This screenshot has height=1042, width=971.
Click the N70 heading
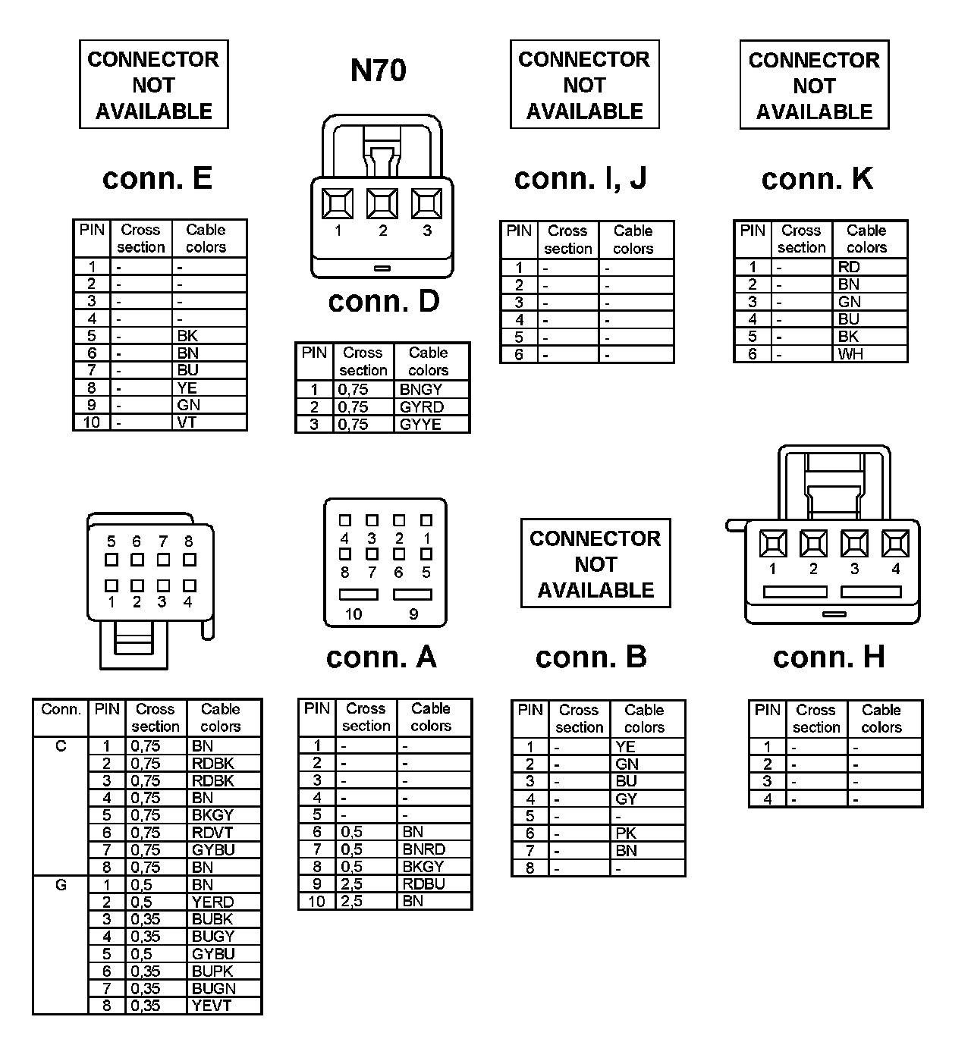(x=378, y=71)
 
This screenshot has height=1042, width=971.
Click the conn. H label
(x=828, y=658)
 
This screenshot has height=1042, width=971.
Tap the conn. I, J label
(x=580, y=178)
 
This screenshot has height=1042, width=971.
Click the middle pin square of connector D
(x=382, y=203)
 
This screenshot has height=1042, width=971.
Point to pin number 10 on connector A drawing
(x=354, y=614)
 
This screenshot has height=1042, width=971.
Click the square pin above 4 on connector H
(x=895, y=544)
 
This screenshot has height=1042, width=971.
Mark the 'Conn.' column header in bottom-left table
(x=61, y=710)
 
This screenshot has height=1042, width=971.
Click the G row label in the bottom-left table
(x=61, y=885)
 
